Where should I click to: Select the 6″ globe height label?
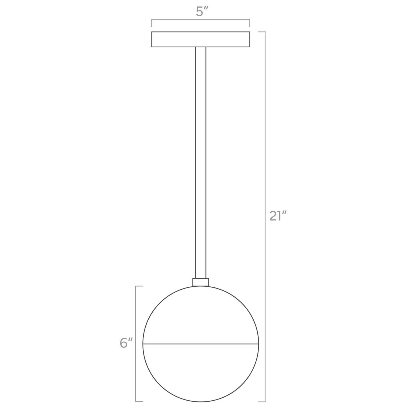[126, 343]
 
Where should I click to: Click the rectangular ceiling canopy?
[201, 40]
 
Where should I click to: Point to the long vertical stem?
[201, 163]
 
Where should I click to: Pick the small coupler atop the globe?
[201, 282]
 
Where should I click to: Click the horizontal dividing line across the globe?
[201, 344]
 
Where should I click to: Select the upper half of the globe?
[201, 315]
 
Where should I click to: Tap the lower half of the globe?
[201, 373]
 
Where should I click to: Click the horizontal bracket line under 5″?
[201, 19]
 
